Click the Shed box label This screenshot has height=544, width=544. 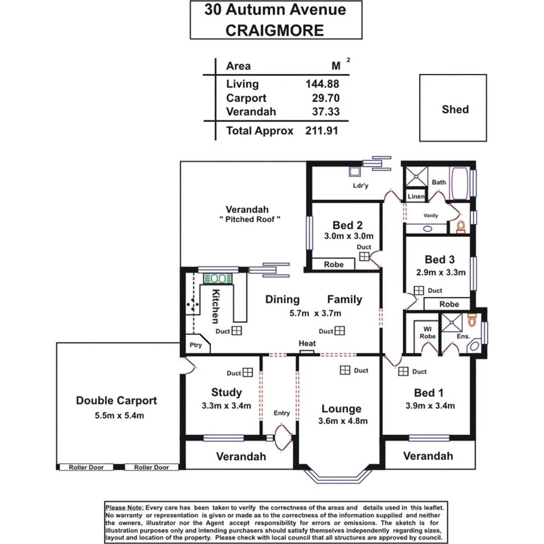(455, 109)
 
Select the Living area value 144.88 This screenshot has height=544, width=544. (322, 84)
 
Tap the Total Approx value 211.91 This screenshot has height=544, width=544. (322, 131)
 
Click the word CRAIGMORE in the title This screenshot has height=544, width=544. (274, 30)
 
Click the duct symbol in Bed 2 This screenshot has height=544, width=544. (364, 256)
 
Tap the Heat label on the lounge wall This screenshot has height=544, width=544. (307, 344)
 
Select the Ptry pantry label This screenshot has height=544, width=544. (196, 345)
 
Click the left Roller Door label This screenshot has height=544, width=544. (86, 468)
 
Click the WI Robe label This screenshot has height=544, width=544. (428, 333)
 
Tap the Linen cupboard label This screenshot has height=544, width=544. (416, 197)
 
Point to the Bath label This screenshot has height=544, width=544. (439, 183)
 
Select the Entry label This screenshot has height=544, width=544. (281, 413)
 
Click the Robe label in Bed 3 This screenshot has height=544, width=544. (449, 304)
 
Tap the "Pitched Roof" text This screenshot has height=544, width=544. (250, 219)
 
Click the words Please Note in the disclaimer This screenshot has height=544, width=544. (123, 508)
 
